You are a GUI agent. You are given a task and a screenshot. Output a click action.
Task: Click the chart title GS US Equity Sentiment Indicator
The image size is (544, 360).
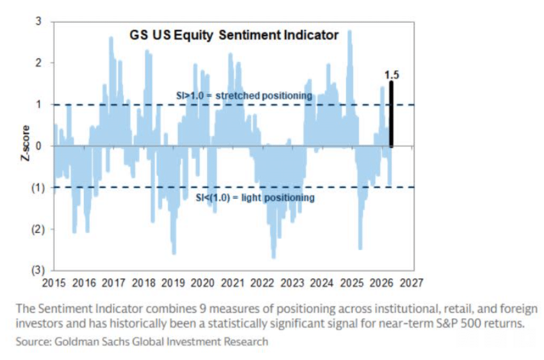tap(234, 36)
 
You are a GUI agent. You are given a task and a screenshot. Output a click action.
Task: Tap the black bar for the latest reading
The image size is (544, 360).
tap(392, 114)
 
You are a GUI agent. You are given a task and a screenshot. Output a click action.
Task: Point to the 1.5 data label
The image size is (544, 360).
tap(391, 75)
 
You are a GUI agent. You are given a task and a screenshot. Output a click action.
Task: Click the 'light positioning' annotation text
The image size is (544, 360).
tap(255, 198)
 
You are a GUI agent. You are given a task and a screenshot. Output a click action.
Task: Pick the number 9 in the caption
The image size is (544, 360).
tap(162, 309)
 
